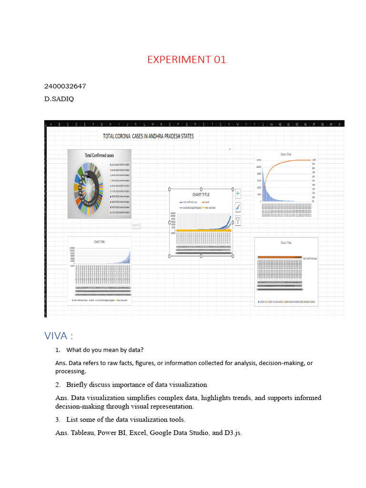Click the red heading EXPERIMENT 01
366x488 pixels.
[x=186, y=60]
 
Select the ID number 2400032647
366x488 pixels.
[x=65, y=86]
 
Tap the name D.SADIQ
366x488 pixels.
[x=59, y=99]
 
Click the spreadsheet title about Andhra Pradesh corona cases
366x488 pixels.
[x=148, y=136]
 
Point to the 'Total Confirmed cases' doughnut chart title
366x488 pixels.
[x=99, y=155]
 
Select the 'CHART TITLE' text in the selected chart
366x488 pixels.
[x=201, y=194]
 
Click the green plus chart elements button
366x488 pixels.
[x=238, y=193]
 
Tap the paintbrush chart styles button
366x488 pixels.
[x=238, y=207]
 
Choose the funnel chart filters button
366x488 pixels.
[x=238, y=220]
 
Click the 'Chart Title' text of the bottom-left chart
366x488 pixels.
[x=99, y=242]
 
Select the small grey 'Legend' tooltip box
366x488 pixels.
[x=135, y=225]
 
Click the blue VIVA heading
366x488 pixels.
[x=58, y=336]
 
